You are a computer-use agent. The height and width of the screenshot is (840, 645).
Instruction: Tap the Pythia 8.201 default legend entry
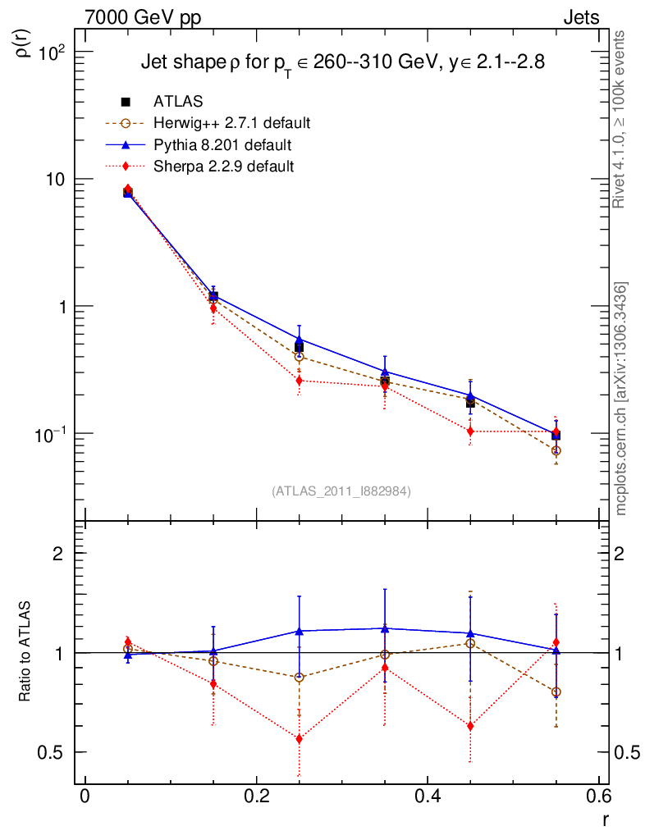tap(222, 145)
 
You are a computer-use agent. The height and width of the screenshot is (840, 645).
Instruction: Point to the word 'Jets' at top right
tap(580, 17)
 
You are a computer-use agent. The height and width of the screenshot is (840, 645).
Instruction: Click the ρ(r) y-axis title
tap(25, 42)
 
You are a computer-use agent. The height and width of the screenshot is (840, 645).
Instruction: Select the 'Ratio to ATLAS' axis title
tap(25, 651)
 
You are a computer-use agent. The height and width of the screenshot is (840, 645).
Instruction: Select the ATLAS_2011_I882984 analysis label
tap(341, 491)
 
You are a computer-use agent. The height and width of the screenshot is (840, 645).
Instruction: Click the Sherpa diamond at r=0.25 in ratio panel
tap(299, 739)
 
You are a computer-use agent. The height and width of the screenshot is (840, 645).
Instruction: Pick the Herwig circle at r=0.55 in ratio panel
tap(556, 692)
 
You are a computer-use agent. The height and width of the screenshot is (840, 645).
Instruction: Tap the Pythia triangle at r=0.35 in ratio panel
tap(385, 628)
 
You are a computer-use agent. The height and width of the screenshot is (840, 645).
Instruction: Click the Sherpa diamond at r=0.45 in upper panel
tap(470, 431)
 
